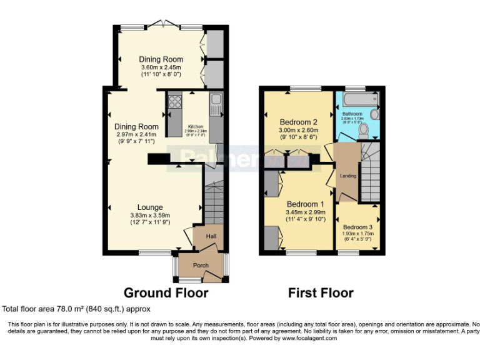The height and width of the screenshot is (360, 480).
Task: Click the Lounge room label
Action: pyautogui.click(x=151, y=207)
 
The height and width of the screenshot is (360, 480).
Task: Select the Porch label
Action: pyautogui.click(x=201, y=266)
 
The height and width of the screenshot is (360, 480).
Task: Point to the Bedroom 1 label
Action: pyautogui.click(x=306, y=204)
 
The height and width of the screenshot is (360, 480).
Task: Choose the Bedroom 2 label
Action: pyautogui.click(x=299, y=122)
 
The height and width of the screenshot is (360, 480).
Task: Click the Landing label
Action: pyautogui.click(x=348, y=176)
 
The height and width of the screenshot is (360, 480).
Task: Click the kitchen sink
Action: pyautogui.click(x=216, y=101)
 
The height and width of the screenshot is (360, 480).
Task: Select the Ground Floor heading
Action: pyautogui.click(x=166, y=292)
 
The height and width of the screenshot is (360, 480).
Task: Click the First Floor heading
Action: pyautogui.click(x=321, y=292)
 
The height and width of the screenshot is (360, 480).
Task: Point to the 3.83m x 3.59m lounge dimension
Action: pyautogui.click(x=151, y=215)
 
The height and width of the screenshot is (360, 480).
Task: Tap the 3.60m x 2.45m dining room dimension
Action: pyautogui.click(x=161, y=67)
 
